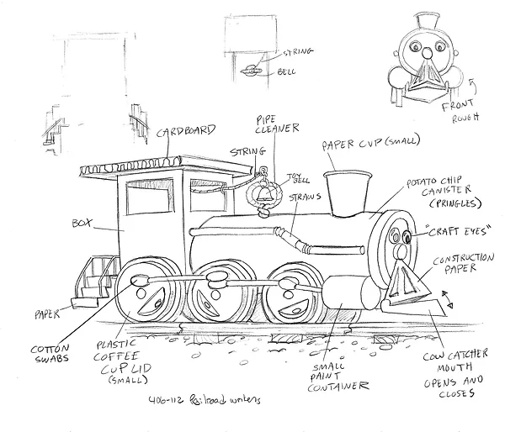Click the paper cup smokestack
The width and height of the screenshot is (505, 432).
(x=343, y=194)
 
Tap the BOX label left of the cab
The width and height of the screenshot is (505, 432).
(x=82, y=224)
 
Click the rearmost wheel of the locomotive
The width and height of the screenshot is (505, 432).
(x=146, y=294)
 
